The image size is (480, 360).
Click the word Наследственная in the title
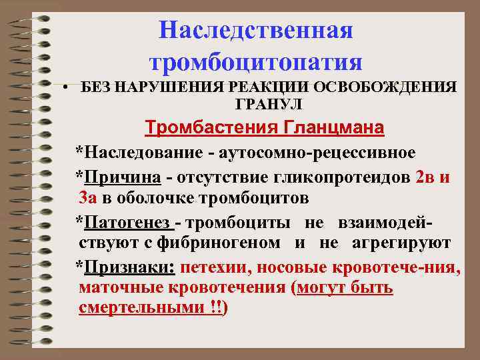257,31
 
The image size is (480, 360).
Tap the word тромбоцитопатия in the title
257,63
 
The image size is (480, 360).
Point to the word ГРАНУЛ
269,105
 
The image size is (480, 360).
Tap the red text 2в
425,177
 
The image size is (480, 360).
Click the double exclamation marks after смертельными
216,308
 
